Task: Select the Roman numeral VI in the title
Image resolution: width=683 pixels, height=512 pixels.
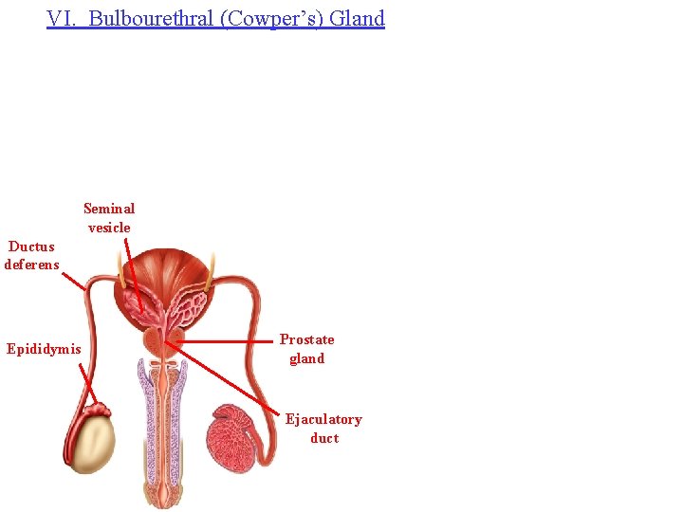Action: tap(62, 19)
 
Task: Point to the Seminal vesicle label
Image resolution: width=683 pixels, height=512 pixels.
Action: tap(109, 218)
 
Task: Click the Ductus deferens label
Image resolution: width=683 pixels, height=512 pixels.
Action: tap(31, 256)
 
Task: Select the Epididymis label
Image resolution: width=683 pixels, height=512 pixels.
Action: tap(44, 349)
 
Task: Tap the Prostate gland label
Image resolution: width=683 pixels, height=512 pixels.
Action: tap(307, 349)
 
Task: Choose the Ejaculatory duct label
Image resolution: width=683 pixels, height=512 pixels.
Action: tap(323, 429)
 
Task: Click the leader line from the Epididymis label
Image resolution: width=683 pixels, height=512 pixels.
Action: tap(88, 384)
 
